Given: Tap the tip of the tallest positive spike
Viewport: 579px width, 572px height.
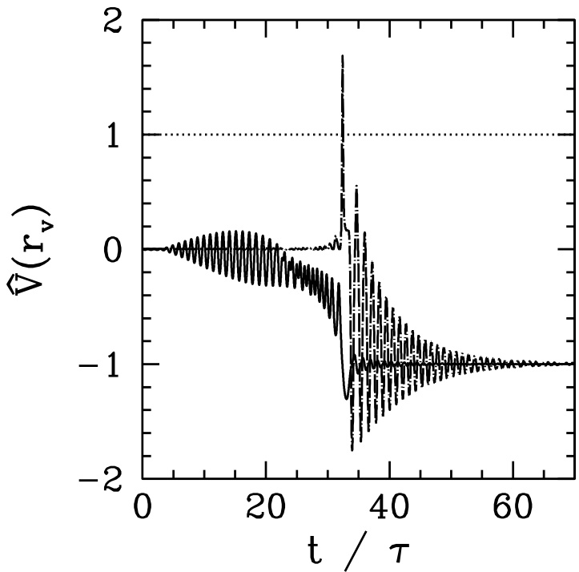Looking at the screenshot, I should pyautogui.click(x=343, y=55).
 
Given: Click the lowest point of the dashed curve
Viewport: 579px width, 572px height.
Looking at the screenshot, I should pyautogui.click(x=352, y=450).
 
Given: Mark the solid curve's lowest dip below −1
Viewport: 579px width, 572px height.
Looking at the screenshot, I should pyautogui.click(x=346, y=398).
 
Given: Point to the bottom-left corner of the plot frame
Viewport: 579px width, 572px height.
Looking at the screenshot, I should pyautogui.click(x=143, y=478).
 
